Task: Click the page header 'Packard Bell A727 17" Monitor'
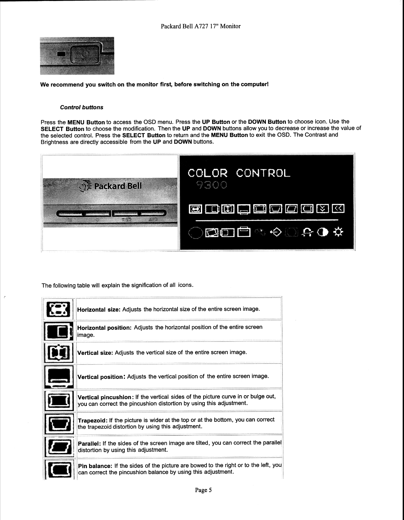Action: tap(201, 26)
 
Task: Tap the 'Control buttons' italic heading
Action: tap(82, 107)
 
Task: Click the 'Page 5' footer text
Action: tap(203, 490)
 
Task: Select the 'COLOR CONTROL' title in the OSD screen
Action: tap(239, 173)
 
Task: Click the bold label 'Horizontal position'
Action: tap(104, 328)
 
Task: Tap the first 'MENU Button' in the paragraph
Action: tap(86, 122)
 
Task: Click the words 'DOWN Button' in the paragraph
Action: tap(267, 122)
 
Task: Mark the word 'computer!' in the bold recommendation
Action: tap(254, 84)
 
